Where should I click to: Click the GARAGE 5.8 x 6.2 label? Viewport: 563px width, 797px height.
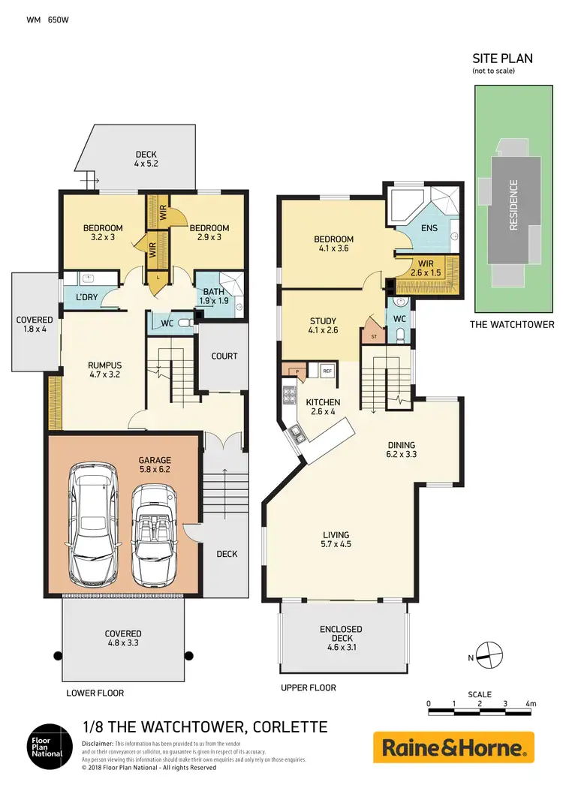pyautogui.click(x=154, y=465)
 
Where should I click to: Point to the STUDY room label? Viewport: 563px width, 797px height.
pyautogui.click(x=323, y=325)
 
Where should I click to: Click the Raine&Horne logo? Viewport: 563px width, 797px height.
pyautogui.click(x=454, y=747)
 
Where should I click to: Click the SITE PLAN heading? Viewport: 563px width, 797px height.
pyautogui.click(x=501, y=58)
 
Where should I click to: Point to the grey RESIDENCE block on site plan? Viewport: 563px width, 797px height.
pyautogui.click(x=514, y=205)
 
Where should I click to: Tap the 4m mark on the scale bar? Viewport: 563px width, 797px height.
pyautogui.click(x=531, y=704)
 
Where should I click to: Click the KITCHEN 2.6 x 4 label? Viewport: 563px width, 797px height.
pyautogui.click(x=323, y=408)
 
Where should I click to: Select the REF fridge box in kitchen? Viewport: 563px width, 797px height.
pyautogui.click(x=327, y=371)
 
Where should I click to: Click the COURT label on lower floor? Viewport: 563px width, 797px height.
pyautogui.click(x=224, y=356)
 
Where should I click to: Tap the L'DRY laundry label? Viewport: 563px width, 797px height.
pyautogui.click(x=88, y=298)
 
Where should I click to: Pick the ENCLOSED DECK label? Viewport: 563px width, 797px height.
pyautogui.click(x=341, y=634)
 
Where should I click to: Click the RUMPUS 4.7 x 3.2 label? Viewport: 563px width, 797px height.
pyautogui.click(x=104, y=371)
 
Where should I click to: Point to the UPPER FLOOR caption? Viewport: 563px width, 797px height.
pyautogui.click(x=308, y=687)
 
